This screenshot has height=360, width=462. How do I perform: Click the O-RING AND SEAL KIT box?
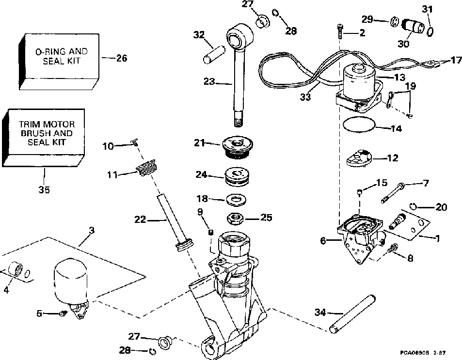click(x=59, y=61)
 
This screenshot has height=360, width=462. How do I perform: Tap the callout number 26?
click(x=121, y=58)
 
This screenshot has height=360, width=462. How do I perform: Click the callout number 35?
click(x=44, y=190)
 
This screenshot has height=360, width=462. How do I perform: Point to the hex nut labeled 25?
click(x=235, y=219)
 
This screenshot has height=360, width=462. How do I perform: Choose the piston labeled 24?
click(x=237, y=176)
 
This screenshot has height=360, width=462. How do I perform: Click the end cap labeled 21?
click(x=237, y=148)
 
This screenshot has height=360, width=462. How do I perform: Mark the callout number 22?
click(x=140, y=219)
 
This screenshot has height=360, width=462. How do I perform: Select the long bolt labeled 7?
click(x=393, y=193)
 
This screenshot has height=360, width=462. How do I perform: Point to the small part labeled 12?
click(x=359, y=158)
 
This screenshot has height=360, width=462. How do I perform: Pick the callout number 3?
click(x=92, y=230)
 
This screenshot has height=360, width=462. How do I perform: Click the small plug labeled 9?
click(x=211, y=233)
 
